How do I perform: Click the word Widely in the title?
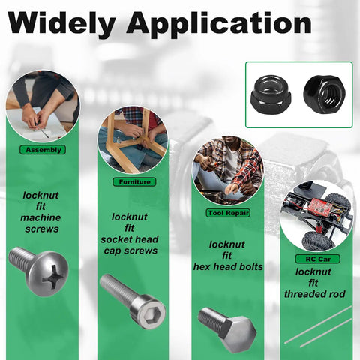click(x=61, y=24)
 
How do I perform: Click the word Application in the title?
click(x=219, y=24)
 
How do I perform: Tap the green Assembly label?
click(x=43, y=150)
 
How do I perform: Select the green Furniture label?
click(x=134, y=181)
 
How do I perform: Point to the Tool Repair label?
click(x=228, y=213)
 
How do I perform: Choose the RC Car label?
click(x=317, y=259)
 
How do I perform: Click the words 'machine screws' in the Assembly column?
click(x=40, y=223)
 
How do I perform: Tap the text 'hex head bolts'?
click(x=228, y=267)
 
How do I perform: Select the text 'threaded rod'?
click(x=315, y=294)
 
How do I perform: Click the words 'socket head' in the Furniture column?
click(x=130, y=239)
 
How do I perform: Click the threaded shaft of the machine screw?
click(x=21, y=259)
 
